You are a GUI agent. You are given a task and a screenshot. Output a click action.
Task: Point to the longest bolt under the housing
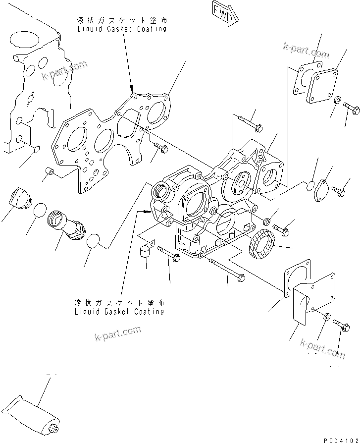[226, 270]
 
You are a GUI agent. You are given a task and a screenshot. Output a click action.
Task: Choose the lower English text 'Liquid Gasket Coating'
[119, 311]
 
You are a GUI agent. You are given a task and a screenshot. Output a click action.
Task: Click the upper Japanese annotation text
[121, 20]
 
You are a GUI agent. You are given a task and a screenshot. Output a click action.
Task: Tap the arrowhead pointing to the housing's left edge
[147, 211]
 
